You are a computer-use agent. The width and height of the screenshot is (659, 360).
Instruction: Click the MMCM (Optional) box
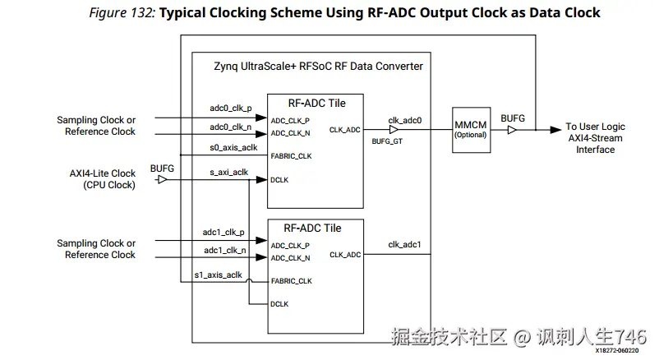(x=471, y=128)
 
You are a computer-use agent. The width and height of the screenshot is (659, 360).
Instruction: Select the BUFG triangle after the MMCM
(x=512, y=130)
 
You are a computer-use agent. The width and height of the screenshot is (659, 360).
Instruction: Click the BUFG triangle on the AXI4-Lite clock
(x=162, y=179)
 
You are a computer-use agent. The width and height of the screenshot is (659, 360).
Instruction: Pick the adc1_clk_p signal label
(x=224, y=232)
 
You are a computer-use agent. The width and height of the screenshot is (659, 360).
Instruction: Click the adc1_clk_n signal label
(x=224, y=250)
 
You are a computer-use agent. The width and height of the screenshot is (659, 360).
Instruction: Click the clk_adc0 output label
(x=405, y=120)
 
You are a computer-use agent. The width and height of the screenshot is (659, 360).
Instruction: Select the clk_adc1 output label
(x=405, y=244)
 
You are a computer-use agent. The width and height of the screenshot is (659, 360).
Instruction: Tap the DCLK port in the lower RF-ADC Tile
(x=279, y=304)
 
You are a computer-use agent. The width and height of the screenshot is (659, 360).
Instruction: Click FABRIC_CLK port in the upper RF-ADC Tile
(x=291, y=156)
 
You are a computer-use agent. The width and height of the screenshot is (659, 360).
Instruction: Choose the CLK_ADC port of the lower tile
(x=344, y=255)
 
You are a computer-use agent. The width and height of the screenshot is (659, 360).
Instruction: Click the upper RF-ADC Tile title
(x=316, y=103)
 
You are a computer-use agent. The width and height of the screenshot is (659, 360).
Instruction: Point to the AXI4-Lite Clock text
(x=103, y=173)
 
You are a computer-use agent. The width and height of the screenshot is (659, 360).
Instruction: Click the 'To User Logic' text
(x=595, y=127)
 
